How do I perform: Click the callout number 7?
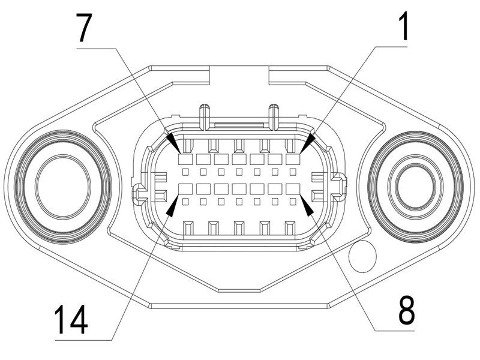coord(85,26)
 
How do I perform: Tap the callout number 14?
coord(71,319)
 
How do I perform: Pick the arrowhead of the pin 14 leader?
coord(172,206)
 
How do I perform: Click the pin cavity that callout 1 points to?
coord(293,160)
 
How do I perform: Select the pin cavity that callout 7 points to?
coord(185,160)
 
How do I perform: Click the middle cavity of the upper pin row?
coord(239,160)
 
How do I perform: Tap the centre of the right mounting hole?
coord(415,182)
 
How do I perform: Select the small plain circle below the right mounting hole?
coord(363,256)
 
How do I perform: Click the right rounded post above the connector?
coord(274,115)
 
